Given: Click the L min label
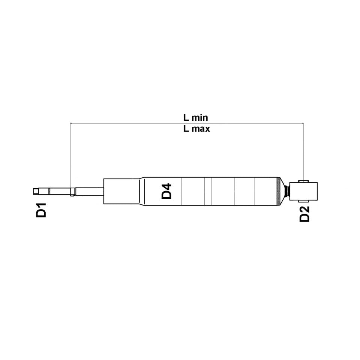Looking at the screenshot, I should pyautogui.click(x=195, y=117).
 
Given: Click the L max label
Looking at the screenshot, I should pyautogui.click(x=196, y=129).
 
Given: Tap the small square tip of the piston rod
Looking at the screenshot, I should pyautogui.click(x=35, y=191).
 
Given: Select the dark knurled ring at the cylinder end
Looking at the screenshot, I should pyautogui.click(x=278, y=191).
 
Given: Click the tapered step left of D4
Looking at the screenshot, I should pyautogui.click(x=142, y=191).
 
